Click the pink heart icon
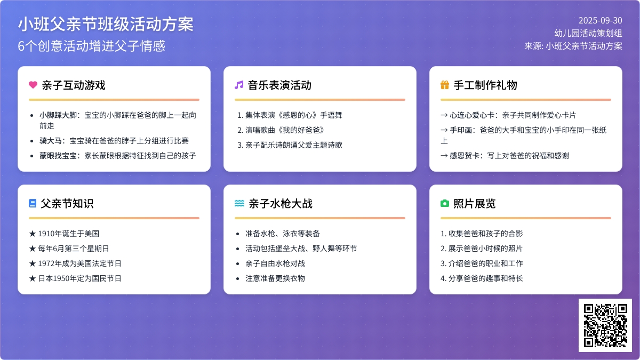33,85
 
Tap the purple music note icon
239,85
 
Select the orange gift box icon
445,85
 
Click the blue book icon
33,203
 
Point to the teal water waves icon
239,203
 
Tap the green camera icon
445,203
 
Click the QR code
605,325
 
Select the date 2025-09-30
601,21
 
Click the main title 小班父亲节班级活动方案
106,24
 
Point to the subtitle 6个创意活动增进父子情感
91,46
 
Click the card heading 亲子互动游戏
74,85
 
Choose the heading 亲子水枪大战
281,204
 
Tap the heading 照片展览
475,204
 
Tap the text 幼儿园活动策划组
588,33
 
